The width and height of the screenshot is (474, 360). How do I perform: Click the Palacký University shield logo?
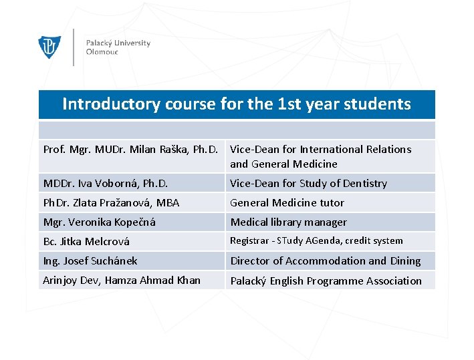tap(49, 47)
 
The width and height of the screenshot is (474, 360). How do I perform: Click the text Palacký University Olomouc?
tap(118, 47)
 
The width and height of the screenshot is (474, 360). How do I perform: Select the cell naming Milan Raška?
tap(132, 150)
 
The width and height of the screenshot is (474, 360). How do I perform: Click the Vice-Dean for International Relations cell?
tap(320, 156)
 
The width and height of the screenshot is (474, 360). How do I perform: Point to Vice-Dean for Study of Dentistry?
tap(308, 183)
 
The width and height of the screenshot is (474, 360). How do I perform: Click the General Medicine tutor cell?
tap(287, 202)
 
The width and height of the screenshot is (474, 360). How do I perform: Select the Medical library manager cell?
tap(289, 222)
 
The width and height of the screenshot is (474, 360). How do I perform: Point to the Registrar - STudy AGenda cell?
tap(316, 240)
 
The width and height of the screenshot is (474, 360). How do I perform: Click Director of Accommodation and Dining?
tap(326, 260)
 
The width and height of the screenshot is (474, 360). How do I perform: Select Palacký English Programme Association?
tap(326, 281)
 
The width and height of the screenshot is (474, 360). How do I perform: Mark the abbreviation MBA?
tap(167, 202)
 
